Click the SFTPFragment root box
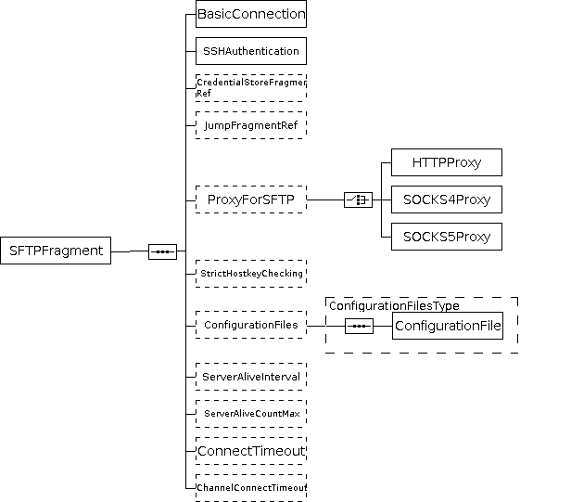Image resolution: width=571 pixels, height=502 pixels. point(56,251)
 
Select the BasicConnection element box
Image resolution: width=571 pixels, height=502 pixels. point(251,14)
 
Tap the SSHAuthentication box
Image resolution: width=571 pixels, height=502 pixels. point(251,51)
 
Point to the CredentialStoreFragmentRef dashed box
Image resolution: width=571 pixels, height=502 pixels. point(251,88)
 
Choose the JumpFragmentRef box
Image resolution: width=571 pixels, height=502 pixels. point(251,124)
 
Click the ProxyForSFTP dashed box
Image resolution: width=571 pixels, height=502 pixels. point(251,199)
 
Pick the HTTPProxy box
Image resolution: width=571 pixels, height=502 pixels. point(447,162)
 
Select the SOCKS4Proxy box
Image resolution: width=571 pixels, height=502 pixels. point(447,199)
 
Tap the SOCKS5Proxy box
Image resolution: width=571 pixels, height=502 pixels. point(447,236)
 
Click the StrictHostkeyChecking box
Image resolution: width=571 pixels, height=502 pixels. point(251,274)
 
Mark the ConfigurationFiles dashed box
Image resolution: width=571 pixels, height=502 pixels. point(251,325)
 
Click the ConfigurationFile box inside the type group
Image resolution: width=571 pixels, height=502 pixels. point(448,326)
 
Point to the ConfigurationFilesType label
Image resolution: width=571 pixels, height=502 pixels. point(394,305)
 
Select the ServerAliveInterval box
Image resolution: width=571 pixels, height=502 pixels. point(251,377)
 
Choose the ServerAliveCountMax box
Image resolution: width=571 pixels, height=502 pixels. point(251,413)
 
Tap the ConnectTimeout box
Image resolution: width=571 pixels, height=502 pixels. point(251,451)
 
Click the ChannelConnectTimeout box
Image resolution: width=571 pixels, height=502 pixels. point(251,487)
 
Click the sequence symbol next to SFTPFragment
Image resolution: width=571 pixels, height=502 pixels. point(162,251)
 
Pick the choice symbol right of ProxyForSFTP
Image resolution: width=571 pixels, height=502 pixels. point(358,200)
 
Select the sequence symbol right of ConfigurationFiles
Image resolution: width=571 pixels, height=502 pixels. point(359,326)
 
